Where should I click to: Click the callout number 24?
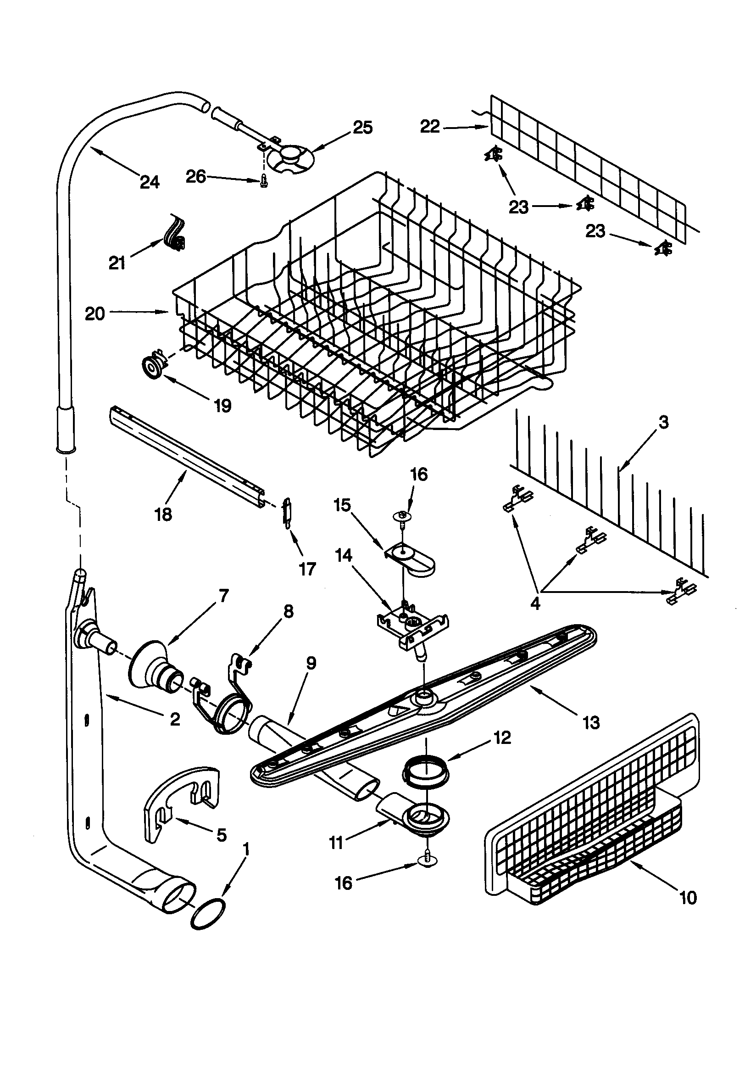click(x=150, y=182)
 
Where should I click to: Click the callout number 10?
click(x=688, y=897)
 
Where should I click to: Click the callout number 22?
click(x=429, y=127)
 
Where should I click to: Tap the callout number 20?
click(x=94, y=314)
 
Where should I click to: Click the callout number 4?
click(x=535, y=604)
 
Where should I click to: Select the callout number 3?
click(x=663, y=422)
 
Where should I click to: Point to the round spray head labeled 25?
click(x=291, y=156)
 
